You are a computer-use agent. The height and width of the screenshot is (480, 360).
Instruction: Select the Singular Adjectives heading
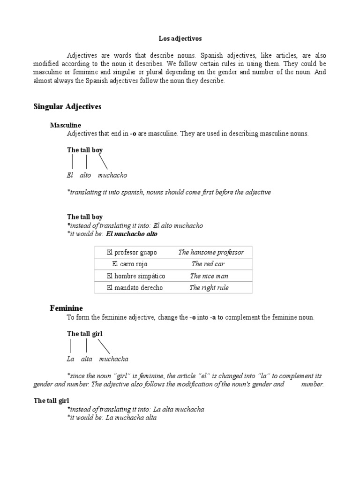click(x=67, y=107)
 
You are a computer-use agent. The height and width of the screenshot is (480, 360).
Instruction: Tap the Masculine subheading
click(x=66, y=125)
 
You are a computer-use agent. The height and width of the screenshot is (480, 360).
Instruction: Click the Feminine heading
click(x=66, y=308)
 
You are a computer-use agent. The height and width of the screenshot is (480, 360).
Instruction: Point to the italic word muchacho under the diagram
click(x=112, y=175)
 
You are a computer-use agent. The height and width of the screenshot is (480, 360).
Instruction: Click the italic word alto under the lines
click(x=86, y=175)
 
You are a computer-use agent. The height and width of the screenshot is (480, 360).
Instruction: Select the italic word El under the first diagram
click(x=71, y=175)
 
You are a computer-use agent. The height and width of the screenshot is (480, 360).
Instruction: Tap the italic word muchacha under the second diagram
click(x=113, y=359)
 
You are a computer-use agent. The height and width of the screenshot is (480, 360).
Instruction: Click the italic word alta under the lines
click(x=87, y=359)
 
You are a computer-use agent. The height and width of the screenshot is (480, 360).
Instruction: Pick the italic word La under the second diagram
click(x=71, y=359)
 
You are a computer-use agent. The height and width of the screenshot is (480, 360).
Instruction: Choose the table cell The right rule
click(x=209, y=288)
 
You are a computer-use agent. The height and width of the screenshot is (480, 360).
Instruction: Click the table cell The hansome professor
click(x=211, y=252)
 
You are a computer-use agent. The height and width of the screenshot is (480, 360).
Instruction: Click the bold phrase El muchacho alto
click(x=132, y=234)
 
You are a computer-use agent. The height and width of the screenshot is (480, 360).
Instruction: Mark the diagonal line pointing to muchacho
click(x=103, y=162)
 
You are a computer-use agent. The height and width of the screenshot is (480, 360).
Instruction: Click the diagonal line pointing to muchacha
click(x=105, y=346)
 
